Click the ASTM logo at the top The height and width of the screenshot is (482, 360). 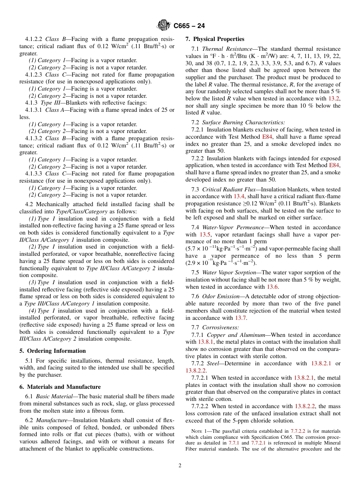click(x=164, y=25)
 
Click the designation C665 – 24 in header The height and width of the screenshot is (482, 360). click(x=189, y=26)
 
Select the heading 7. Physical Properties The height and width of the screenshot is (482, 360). click(x=215, y=39)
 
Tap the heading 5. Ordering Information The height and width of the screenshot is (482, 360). click(x=52, y=351)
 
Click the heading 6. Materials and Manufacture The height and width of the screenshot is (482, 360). click(x=60, y=387)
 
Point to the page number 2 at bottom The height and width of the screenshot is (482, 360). click(x=180, y=466)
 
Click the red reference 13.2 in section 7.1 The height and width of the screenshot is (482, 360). click(x=334, y=99)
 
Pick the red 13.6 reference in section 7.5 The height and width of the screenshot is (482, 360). click(x=273, y=287)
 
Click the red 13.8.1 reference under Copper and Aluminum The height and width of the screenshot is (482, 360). click(x=207, y=342)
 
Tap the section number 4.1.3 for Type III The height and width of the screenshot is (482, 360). click(x=31, y=103)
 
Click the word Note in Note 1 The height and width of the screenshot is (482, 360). click(x=197, y=431)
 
